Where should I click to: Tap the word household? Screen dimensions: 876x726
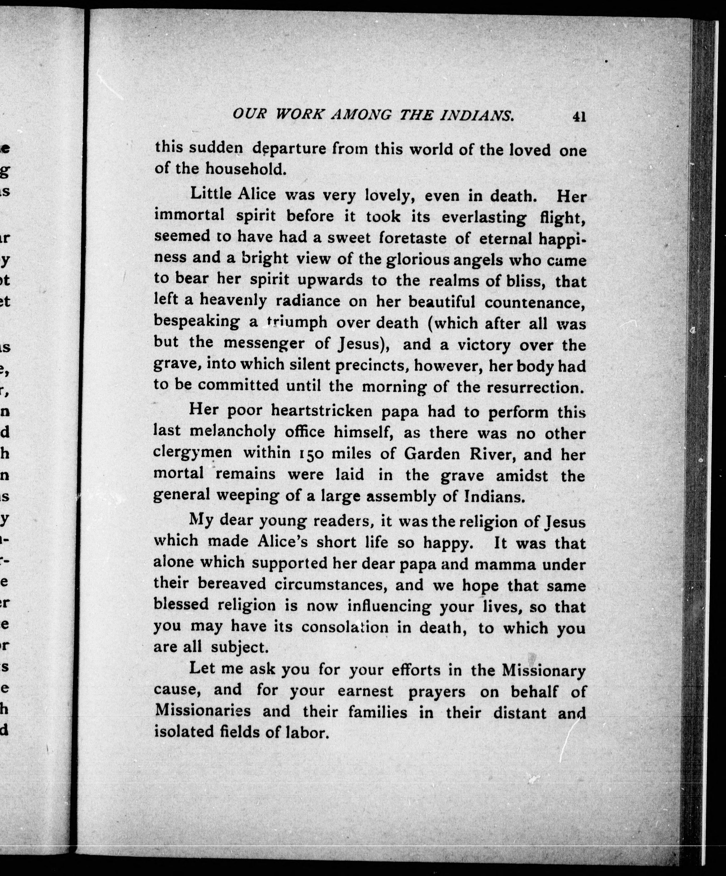click(246, 169)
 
